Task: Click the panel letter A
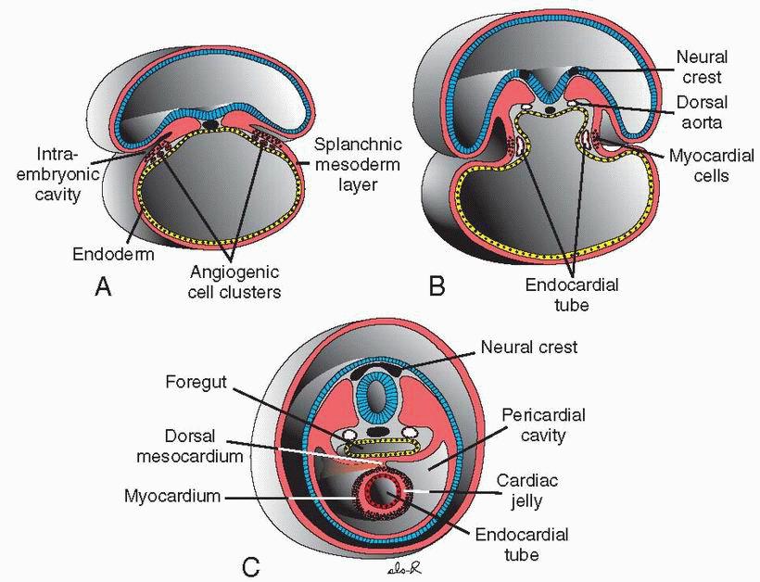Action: coord(104,287)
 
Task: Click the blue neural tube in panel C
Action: coord(377,399)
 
